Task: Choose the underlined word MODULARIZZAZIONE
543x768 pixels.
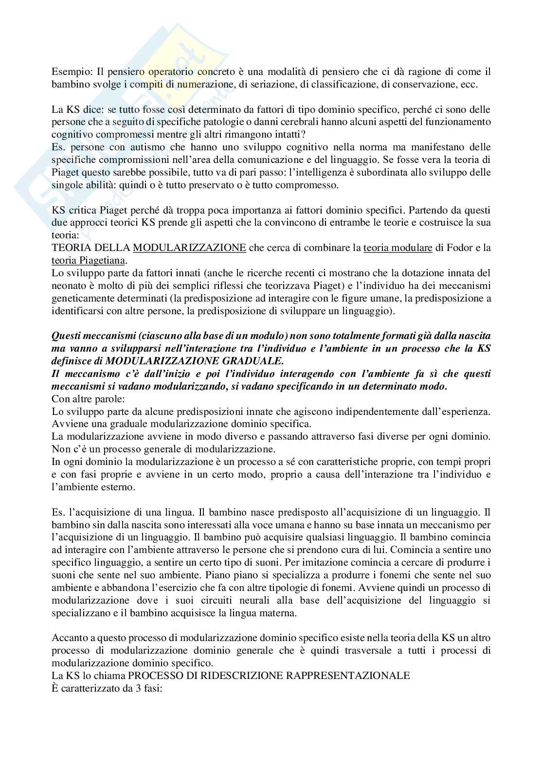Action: point(189,248)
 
